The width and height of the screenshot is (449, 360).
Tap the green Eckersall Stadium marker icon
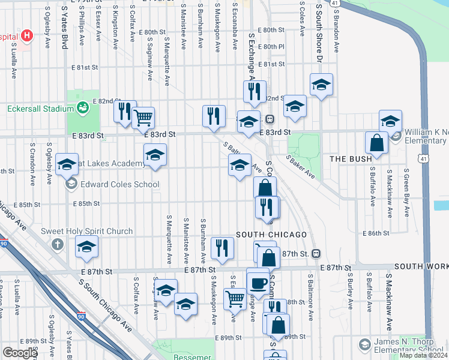[83, 108]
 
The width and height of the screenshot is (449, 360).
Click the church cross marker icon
[57, 244]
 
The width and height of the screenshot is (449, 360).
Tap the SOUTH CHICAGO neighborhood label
[271, 234]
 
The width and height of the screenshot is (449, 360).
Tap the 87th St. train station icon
[315, 254]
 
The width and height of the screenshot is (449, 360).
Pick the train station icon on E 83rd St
[270, 119]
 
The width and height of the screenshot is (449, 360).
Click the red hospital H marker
[26, 35]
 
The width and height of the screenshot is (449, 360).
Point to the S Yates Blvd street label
[64, 29]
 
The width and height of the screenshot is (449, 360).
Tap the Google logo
[20, 353]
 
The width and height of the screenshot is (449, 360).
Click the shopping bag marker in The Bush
[376, 143]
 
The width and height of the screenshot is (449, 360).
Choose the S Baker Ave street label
[301, 167]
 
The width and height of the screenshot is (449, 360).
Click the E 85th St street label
[86, 204]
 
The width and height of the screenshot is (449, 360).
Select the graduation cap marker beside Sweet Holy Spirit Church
[86, 247]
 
